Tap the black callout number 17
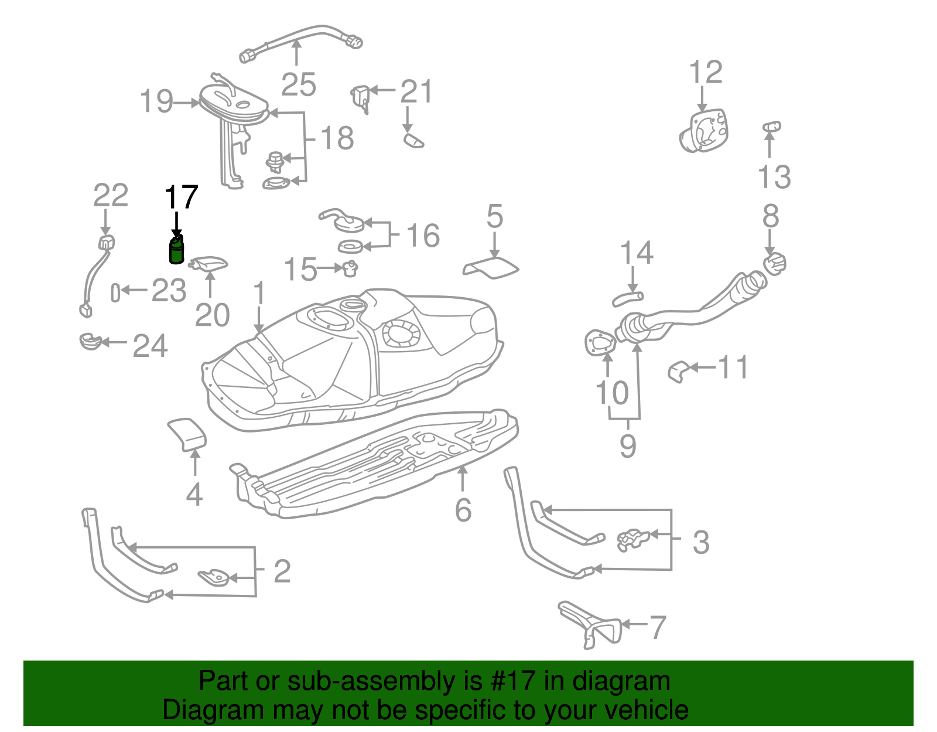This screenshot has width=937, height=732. tap(182, 198)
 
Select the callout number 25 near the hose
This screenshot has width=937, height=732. tap(298, 85)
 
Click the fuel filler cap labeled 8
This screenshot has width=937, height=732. tap(775, 264)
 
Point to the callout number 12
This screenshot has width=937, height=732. tap(706, 73)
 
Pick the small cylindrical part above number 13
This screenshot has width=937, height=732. tap(771, 126)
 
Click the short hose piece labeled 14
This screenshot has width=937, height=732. tap(627, 299)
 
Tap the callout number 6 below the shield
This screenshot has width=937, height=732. tap(463, 510)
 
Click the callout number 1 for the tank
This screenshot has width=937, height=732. tap(259, 294)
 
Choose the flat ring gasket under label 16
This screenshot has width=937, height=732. tap(352, 246)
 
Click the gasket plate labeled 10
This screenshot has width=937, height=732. tap(600, 342)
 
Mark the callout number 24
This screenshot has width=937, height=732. tap(150, 346)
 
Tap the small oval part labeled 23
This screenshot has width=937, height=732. tap(115, 292)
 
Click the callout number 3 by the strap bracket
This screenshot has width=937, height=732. tap(700, 542)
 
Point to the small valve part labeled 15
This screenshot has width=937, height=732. tap(350, 268)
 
